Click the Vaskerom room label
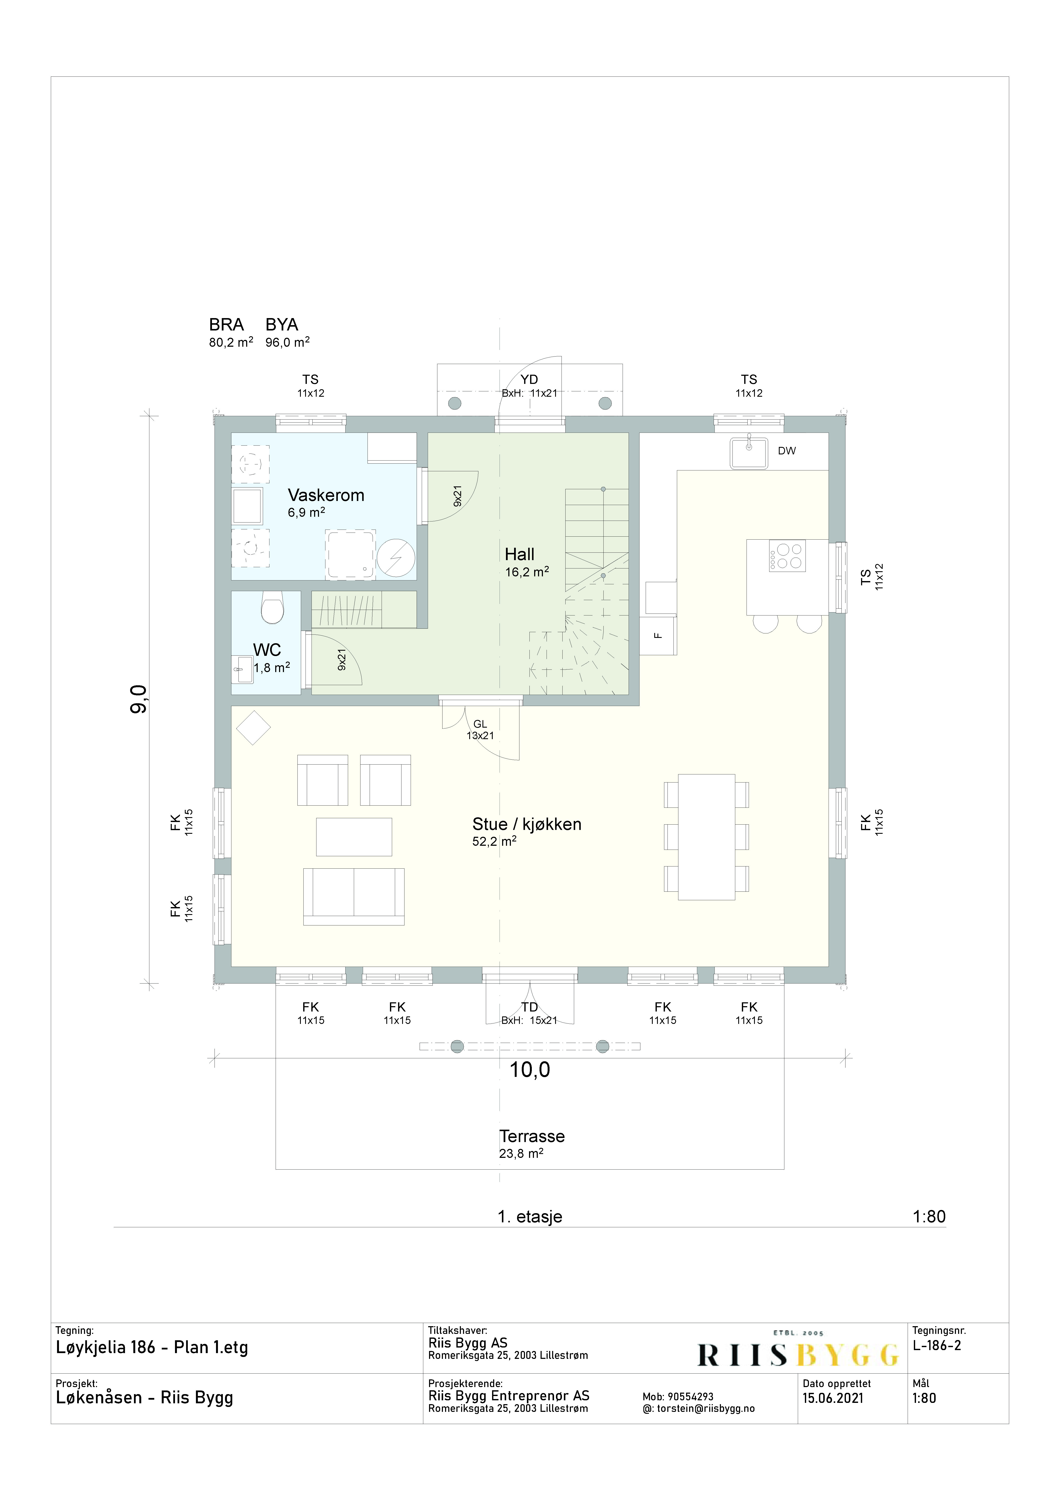[x=326, y=495]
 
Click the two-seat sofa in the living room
[x=353, y=896]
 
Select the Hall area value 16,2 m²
[x=526, y=572]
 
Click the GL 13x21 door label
[x=480, y=729]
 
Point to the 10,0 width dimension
[x=530, y=1070]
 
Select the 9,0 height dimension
[x=140, y=699]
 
